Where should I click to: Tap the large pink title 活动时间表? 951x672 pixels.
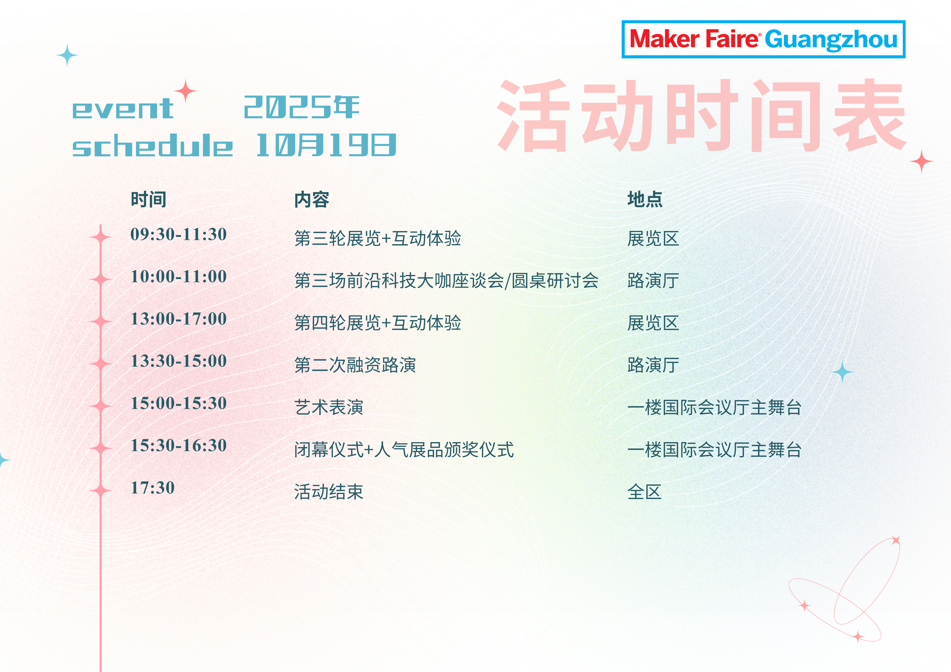point(702,116)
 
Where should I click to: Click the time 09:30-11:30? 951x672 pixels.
point(178,234)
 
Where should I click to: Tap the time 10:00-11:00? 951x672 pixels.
point(178,277)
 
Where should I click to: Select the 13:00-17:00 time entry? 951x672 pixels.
point(178,319)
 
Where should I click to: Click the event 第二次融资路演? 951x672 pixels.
point(355,365)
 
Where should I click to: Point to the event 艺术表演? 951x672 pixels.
point(329,407)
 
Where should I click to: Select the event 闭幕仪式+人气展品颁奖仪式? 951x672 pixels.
point(404,450)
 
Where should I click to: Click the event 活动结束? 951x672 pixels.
point(329,492)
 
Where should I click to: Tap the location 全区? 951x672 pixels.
point(644,492)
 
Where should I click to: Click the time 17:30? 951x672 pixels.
point(153,488)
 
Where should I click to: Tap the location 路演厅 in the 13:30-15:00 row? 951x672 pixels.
point(653,365)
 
